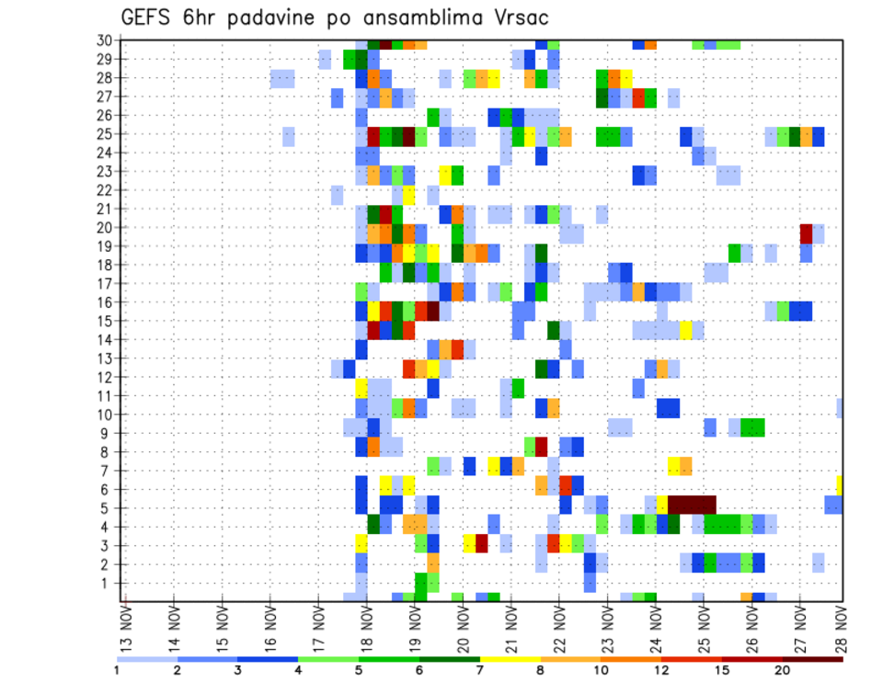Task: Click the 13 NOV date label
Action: point(125,629)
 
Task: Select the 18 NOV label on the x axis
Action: point(366,629)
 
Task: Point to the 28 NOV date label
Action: point(843,629)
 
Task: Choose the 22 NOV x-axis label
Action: point(558,629)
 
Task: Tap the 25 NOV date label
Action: point(703,629)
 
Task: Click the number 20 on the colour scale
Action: point(783,670)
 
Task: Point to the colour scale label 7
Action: point(479,670)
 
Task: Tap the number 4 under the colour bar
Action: point(298,670)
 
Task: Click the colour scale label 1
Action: point(117,670)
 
